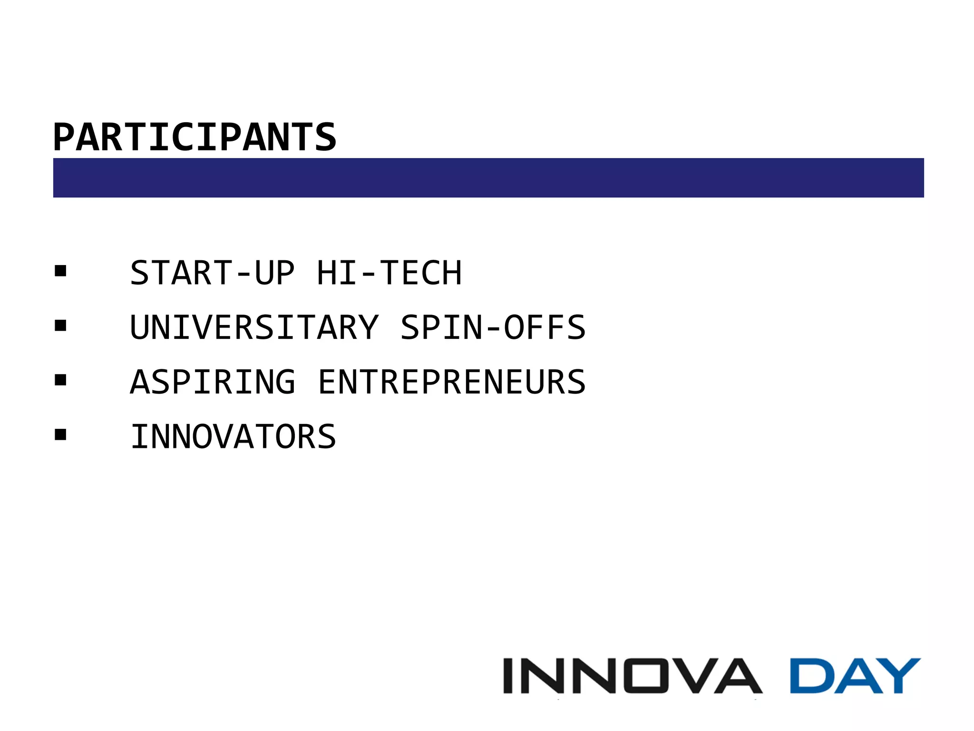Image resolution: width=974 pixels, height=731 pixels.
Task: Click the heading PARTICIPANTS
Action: (195, 137)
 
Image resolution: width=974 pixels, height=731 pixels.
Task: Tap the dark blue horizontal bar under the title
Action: (488, 178)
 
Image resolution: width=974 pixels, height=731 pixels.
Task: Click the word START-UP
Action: (212, 273)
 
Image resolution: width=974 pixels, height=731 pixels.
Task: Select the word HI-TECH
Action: (389, 273)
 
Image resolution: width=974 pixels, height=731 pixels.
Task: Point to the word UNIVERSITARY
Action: (254, 327)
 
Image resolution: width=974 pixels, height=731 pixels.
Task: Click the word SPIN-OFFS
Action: (493, 327)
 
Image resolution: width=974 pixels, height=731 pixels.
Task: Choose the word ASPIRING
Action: (212, 382)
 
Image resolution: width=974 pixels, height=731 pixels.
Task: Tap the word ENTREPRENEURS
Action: (451, 382)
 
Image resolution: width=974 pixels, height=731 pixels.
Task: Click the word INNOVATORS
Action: (233, 436)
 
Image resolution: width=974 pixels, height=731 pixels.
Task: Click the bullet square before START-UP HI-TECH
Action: (60, 271)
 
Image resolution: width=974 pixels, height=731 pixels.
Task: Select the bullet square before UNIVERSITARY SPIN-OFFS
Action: (60, 326)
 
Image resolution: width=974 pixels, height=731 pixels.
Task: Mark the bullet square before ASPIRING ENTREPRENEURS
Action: (60, 380)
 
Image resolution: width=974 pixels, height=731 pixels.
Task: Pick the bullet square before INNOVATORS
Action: (60, 435)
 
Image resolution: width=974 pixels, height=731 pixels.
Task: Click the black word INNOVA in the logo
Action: (633, 676)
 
